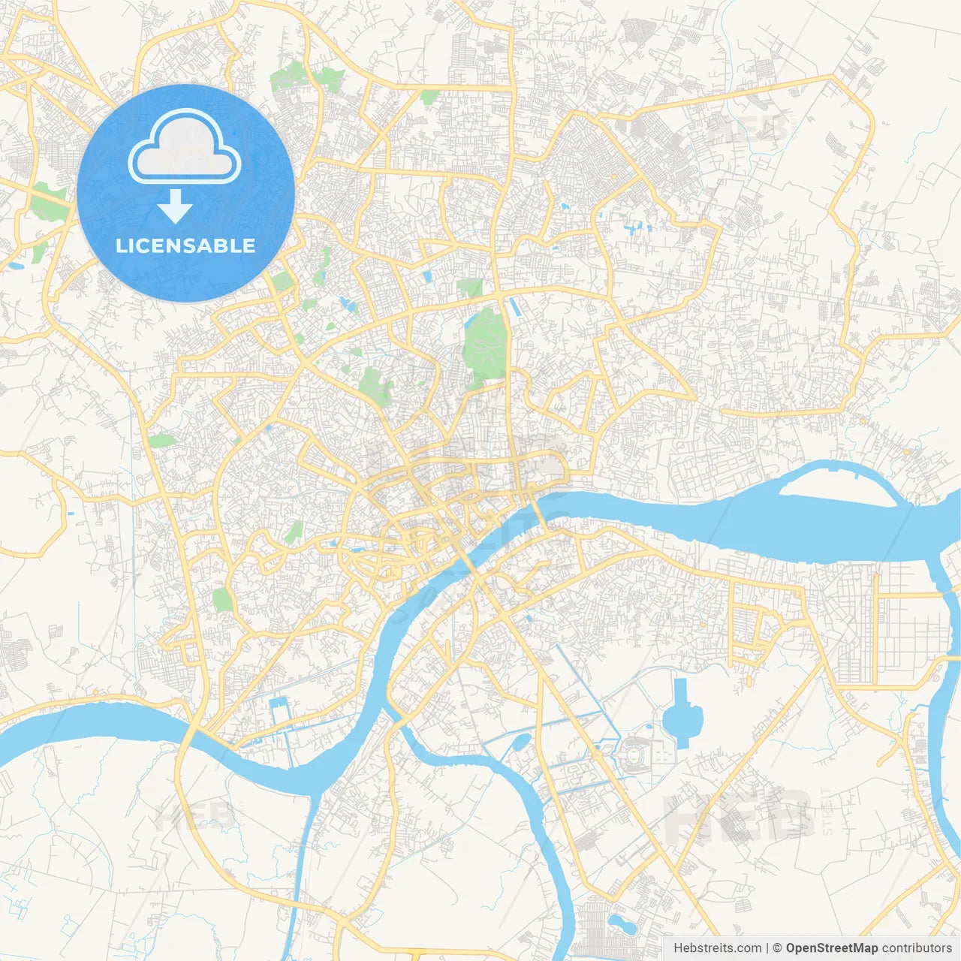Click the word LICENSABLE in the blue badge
pyautogui.click(x=185, y=246)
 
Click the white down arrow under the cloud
pyautogui.click(x=176, y=206)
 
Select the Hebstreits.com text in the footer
pyautogui.click(x=717, y=948)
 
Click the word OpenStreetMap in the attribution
pyautogui.click(x=831, y=948)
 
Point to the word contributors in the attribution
pyautogui.click(x=917, y=948)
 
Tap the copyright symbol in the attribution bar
pyautogui.click(x=777, y=948)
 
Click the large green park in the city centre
pyautogui.click(x=484, y=344)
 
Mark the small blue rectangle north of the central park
pyautogui.click(x=428, y=276)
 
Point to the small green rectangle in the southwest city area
pyautogui.click(x=222, y=599)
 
